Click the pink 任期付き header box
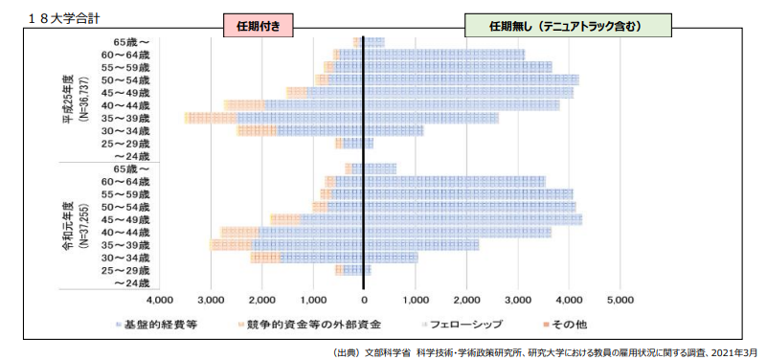[256, 26]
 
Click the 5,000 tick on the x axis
[620, 300]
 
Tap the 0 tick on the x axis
[364, 300]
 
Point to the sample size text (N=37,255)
[84, 226]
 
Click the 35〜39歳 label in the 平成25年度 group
[132, 118]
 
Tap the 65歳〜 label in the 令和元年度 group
[132, 169]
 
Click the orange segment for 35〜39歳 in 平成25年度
[211, 118]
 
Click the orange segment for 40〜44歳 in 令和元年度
[239, 232]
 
